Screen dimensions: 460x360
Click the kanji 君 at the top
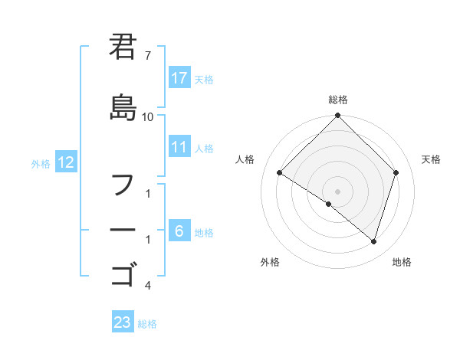pyautogui.click(x=123, y=48)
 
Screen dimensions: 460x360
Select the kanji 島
pyautogui.click(x=123, y=108)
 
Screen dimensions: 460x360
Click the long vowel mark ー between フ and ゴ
pyautogui.click(x=123, y=231)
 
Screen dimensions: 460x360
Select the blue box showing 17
pyautogui.click(x=179, y=78)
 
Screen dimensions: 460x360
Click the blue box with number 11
pyautogui.click(x=179, y=147)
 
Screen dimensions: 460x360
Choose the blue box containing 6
pyautogui.click(x=179, y=231)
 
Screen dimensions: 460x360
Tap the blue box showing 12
pyautogui.click(x=65, y=162)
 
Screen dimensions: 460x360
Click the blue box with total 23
pyautogui.click(x=122, y=322)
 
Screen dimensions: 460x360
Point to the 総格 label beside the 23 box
pyautogui.click(x=147, y=324)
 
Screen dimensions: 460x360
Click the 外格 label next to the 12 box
pyautogui.click(x=41, y=163)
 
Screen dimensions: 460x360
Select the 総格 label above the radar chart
pyautogui.click(x=337, y=100)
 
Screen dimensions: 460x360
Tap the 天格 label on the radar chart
pyautogui.click(x=432, y=159)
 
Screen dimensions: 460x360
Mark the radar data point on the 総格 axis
pyautogui.click(x=337, y=116)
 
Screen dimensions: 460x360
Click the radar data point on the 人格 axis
pyautogui.click(x=279, y=173)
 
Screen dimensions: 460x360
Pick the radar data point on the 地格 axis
pyautogui.click(x=374, y=242)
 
